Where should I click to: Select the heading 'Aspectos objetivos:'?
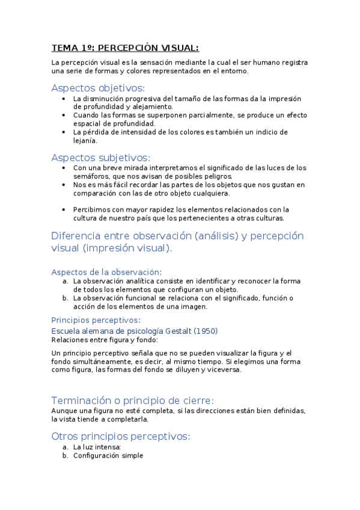coord(98,87)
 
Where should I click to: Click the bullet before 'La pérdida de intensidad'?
coord(64,132)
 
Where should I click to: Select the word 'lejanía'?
coord(85,140)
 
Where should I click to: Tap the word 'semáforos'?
coord(91,176)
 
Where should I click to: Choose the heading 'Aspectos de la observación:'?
coord(106,272)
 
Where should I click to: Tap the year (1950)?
coord(207,331)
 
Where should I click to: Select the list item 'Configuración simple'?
coord(108,456)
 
